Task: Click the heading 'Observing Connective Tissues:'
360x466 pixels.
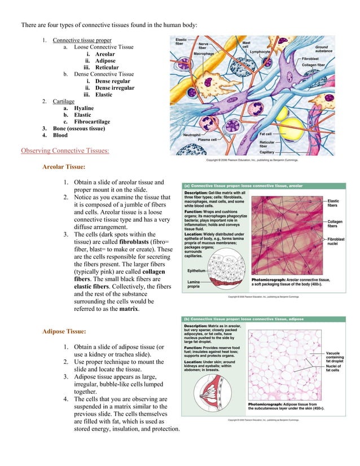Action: (x=65, y=151)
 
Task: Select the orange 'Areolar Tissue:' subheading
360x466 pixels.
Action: (x=64, y=168)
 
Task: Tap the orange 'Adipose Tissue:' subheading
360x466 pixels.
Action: (x=64, y=331)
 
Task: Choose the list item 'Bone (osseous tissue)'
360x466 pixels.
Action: (x=78, y=129)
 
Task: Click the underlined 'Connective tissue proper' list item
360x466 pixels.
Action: (x=82, y=41)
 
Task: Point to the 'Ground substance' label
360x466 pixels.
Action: (x=323, y=50)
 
